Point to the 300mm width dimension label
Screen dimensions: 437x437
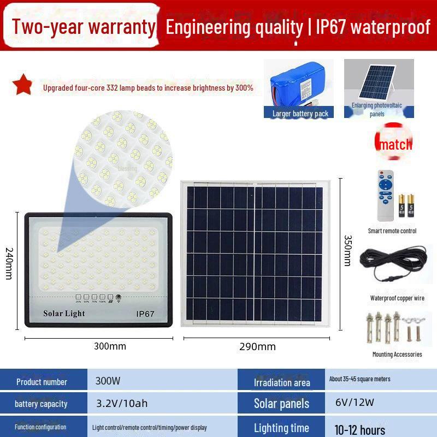[110, 346]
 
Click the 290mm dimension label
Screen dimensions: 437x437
[257, 346]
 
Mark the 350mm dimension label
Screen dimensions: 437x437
[347, 251]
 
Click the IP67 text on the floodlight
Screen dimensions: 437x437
[145, 314]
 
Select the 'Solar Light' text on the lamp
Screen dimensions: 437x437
[64, 314]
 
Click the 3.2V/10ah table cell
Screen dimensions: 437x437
[121, 404]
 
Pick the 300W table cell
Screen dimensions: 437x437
[108, 381]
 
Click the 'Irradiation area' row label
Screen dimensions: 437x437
[282, 382]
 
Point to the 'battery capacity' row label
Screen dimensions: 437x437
[42, 404]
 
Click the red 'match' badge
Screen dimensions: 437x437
[395, 144]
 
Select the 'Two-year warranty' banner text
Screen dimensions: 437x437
[84, 27]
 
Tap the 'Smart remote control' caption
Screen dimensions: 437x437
[392, 231]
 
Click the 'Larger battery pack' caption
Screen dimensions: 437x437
[300, 114]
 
